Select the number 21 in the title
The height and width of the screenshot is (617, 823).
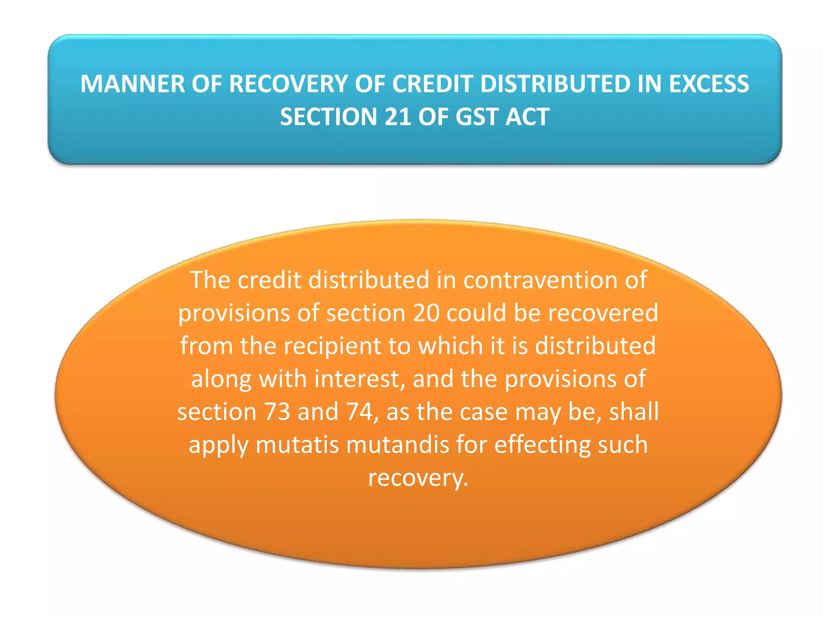coord(397,117)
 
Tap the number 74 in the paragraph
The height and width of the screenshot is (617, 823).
coord(359,412)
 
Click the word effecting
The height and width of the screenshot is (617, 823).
coord(542,445)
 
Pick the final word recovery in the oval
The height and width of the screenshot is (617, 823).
coord(418,478)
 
